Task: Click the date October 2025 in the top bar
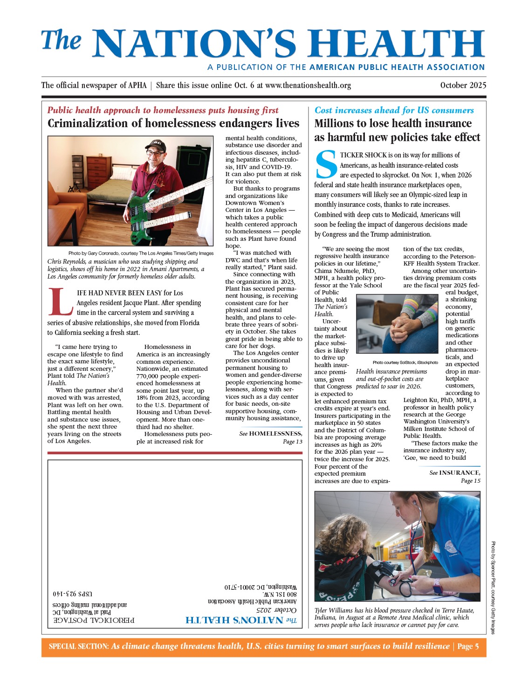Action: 463,85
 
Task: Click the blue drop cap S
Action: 326,165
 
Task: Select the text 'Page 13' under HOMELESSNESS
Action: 293,442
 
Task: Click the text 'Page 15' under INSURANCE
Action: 470,481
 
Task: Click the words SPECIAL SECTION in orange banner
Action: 79,647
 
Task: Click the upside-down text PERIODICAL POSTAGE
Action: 94,620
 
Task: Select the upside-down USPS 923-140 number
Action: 72,594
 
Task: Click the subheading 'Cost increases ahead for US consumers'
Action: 394,110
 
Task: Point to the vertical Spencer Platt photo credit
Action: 493,587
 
